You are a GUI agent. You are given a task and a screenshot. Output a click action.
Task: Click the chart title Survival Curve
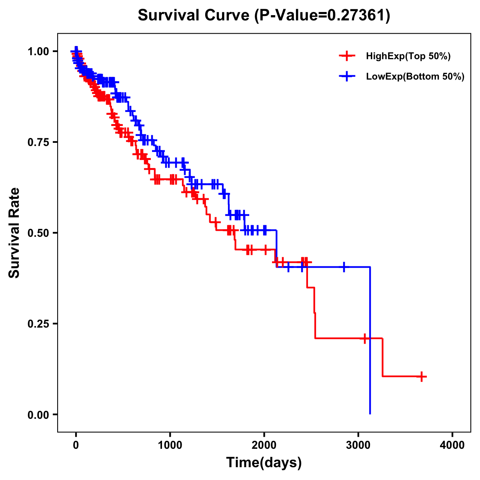[194, 15]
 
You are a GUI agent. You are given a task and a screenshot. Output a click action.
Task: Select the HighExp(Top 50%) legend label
[408, 56]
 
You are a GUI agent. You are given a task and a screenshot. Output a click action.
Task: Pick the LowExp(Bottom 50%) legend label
[415, 77]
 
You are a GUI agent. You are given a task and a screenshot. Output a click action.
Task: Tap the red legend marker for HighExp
[347, 56]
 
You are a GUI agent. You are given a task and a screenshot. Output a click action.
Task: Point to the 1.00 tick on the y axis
[38, 52]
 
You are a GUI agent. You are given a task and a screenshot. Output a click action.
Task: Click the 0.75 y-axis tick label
[38, 142]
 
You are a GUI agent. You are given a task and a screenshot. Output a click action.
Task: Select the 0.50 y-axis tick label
[38, 233]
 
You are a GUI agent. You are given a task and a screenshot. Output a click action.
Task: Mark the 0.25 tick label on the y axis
[38, 324]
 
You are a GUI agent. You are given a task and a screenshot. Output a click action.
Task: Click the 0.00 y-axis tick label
[38, 415]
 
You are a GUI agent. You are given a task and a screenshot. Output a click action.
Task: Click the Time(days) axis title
[264, 463]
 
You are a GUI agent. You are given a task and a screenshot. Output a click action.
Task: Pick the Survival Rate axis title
[15, 233]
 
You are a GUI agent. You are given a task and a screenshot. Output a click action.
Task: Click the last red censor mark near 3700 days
[422, 376]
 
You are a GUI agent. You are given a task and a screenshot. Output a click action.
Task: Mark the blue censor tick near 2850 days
[344, 267]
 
